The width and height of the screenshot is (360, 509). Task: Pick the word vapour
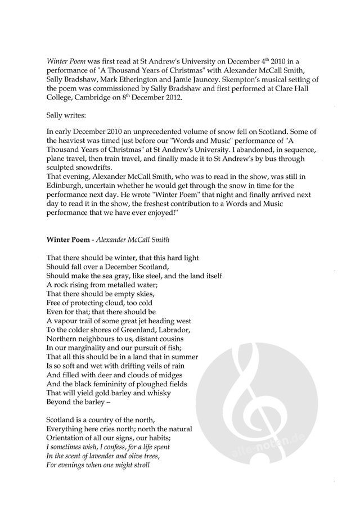pyautogui.click(x=68, y=319)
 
